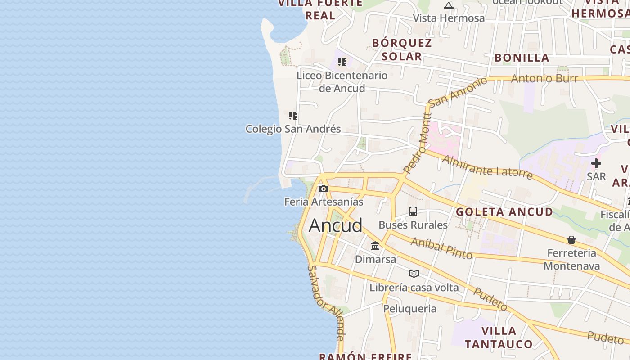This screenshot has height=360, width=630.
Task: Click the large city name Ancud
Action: coord(335,225)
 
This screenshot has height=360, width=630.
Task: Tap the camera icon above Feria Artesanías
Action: coord(323,189)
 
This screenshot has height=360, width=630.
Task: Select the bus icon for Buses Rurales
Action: coord(413,211)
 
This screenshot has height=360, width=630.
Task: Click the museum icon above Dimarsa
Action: coord(375,246)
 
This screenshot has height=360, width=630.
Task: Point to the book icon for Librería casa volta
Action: coord(414,274)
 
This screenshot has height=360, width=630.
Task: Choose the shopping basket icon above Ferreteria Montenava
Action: coord(571,240)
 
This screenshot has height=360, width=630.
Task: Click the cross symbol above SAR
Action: coord(596,163)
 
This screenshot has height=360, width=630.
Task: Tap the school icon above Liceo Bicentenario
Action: coord(342,62)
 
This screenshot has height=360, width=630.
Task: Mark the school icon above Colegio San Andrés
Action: coord(293,116)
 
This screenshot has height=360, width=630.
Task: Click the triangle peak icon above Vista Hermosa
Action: coord(449,5)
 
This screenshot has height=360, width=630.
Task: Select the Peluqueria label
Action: coord(409,309)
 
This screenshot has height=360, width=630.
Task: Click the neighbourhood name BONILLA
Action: coord(522,58)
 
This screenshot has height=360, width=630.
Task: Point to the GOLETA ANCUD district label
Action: coord(504,212)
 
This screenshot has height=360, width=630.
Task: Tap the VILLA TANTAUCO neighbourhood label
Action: coord(499,337)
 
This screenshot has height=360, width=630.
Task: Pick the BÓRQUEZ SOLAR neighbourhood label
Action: coord(402,49)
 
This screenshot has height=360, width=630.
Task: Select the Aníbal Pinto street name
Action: coord(441,248)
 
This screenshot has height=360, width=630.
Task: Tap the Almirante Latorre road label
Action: coord(487,167)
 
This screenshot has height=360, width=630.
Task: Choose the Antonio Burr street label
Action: coord(544,79)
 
